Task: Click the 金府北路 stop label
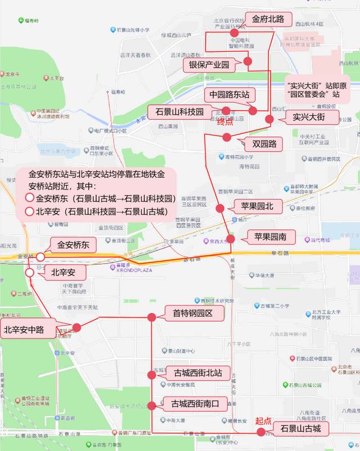pos(269,19)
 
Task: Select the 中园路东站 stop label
pos(229,94)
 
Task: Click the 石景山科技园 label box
pos(176,111)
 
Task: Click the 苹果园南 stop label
pos(274,237)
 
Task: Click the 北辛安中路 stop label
pos(24,330)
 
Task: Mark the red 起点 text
pos(263,420)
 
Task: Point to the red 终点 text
pos(225,122)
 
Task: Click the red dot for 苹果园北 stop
pos(220,208)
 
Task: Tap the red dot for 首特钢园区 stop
pos(151,318)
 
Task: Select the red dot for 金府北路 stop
pos(235,34)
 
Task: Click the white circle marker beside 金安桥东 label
pos(40,257)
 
